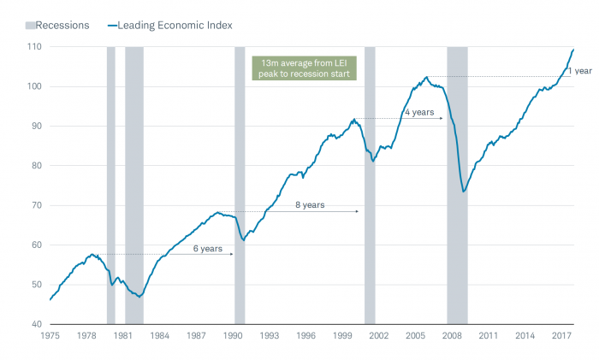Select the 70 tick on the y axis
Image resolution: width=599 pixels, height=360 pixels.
[x=34, y=205]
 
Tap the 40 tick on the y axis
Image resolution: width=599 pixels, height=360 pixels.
[x=34, y=324]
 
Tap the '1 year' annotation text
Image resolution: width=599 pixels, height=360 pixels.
[x=579, y=71]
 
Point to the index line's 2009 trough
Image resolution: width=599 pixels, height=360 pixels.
[x=464, y=191]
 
